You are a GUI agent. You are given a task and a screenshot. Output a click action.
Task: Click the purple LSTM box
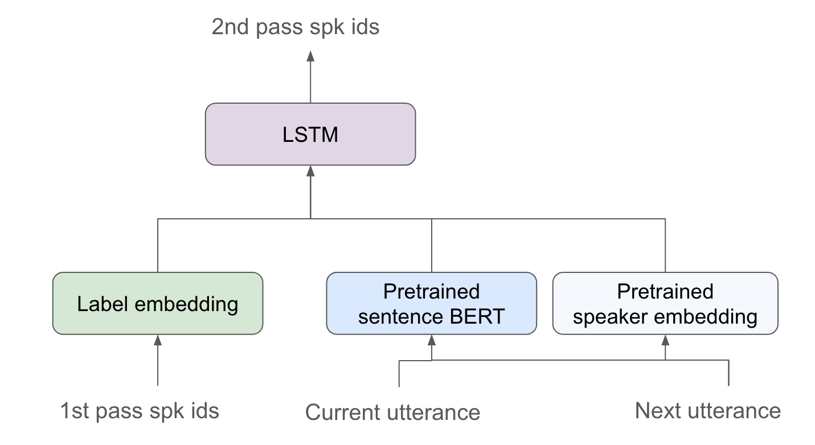[x=310, y=134]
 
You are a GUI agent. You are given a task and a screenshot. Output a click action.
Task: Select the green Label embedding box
[x=158, y=303]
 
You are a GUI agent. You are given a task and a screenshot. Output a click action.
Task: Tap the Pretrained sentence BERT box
[x=431, y=303]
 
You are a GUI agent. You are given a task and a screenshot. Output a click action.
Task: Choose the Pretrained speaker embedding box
[x=665, y=303]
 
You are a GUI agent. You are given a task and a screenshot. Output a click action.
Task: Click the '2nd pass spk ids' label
[x=295, y=27]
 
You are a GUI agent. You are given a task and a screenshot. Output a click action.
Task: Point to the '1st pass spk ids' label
[x=140, y=411]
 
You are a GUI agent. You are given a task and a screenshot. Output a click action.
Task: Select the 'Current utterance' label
[x=392, y=412]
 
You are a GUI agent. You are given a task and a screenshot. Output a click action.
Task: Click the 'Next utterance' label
[x=707, y=410]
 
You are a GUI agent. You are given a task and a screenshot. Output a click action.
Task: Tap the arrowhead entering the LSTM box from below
[x=310, y=170]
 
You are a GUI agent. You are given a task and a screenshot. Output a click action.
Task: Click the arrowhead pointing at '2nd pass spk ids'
[x=310, y=55]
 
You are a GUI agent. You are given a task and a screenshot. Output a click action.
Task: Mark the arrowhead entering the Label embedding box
[x=158, y=340]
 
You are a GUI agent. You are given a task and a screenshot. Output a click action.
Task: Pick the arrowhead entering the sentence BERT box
[x=431, y=340]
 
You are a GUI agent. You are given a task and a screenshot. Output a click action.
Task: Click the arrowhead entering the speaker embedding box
[x=665, y=340]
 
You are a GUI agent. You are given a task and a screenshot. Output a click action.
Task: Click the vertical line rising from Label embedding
[x=158, y=245]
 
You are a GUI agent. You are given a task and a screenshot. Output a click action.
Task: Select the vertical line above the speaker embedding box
[x=665, y=245]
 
